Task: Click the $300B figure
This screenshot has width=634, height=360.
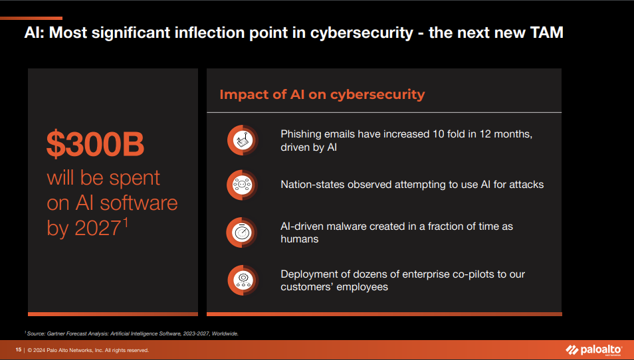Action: click(95, 145)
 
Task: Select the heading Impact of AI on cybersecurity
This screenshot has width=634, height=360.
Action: click(322, 94)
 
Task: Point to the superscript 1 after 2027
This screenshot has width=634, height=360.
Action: click(124, 223)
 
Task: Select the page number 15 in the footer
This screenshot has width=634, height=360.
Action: click(19, 350)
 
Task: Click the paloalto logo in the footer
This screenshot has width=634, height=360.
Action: click(593, 350)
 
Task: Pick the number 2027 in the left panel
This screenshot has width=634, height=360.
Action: click(97, 228)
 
